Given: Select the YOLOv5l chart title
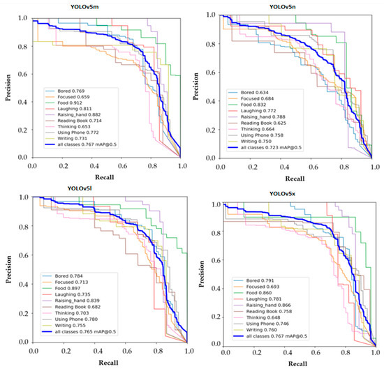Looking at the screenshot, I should (x=103, y=190).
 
